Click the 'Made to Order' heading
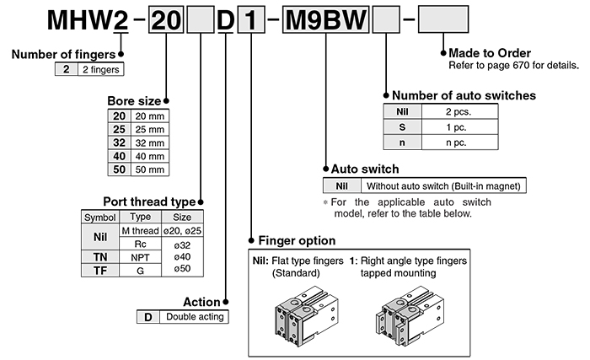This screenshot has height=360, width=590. pos(487,51)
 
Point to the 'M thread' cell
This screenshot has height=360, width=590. pos(140,230)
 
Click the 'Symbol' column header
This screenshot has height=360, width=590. pos(99,217)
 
